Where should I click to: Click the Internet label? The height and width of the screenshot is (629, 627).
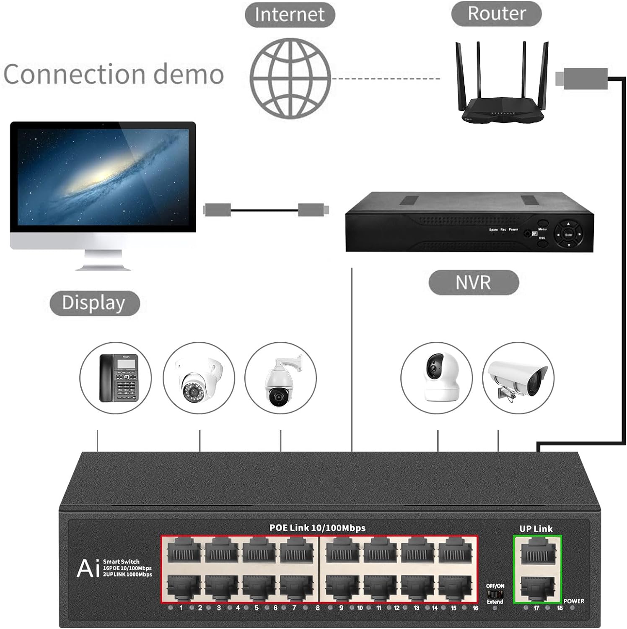[x=290, y=15]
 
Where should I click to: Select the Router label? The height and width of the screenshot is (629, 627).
[x=496, y=13]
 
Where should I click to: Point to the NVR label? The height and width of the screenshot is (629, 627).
[x=473, y=283]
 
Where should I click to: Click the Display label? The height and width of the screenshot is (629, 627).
[x=94, y=303]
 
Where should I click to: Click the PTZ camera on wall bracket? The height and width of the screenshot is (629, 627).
[x=280, y=380]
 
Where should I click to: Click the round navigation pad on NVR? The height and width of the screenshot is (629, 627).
[x=568, y=235]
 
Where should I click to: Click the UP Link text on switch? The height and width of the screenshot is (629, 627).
[x=536, y=529]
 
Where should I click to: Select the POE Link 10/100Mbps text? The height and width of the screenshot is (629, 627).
[x=317, y=528]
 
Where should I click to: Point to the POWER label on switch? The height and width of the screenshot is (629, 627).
[x=574, y=601]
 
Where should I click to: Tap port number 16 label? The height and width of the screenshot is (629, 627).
[x=475, y=608]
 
